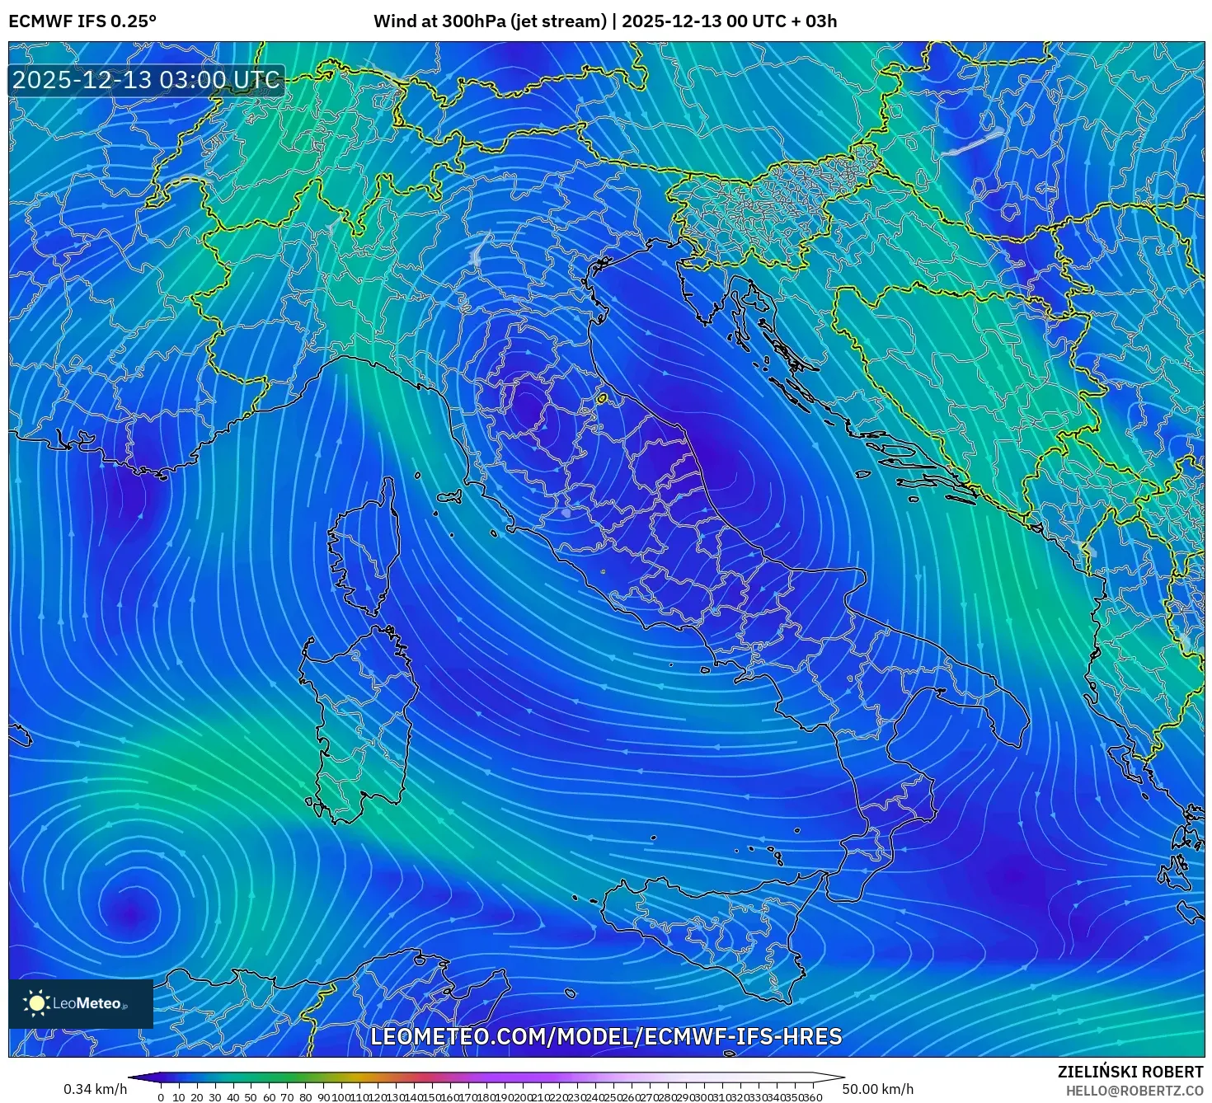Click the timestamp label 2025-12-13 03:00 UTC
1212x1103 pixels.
(146, 80)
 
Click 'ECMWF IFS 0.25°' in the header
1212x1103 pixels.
(82, 21)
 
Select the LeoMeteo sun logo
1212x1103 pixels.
(37, 1003)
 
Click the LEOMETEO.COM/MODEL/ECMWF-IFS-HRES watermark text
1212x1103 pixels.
(606, 1036)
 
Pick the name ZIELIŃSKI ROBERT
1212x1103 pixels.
(1130, 1072)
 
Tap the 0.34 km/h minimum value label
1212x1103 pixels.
(95, 1090)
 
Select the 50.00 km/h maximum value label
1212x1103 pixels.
(877, 1090)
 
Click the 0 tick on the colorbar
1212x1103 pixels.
(161, 1097)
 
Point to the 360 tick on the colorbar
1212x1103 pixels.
(812, 1097)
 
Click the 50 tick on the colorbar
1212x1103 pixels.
(251, 1097)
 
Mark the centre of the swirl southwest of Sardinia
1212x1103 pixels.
(129, 911)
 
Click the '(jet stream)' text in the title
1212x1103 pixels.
(558, 21)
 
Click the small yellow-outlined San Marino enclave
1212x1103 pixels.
(602, 399)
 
